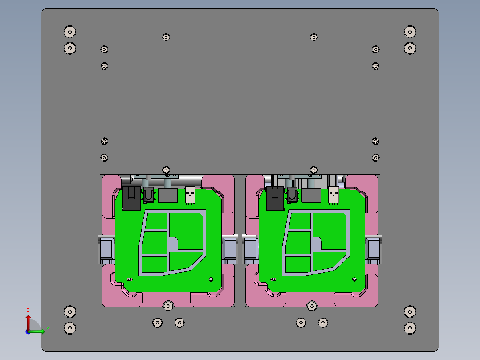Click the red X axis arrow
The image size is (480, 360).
[x=28, y=320]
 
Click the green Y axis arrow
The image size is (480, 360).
[x=39, y=331]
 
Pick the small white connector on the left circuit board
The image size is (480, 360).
[x=190, y=194]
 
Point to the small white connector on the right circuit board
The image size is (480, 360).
[x=334, y=194]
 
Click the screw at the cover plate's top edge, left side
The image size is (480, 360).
[x=166, y=37]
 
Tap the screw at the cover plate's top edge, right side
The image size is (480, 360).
[x=314, y=37]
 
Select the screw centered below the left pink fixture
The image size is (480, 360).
[x=168, y=306]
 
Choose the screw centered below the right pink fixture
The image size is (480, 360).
[x=312, y=306]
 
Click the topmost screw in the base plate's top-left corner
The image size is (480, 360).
[x=70, y=32]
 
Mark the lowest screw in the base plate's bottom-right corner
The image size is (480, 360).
[x=410, y=328]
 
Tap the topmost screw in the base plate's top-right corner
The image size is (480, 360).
[x=410, y=32]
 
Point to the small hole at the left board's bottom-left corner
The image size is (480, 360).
[x=130, y=279]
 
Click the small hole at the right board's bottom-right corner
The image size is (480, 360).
[x=354, y=279]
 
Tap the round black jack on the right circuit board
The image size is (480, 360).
[x=292, y=194]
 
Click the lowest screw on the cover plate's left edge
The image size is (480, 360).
[x=104, y=158]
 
